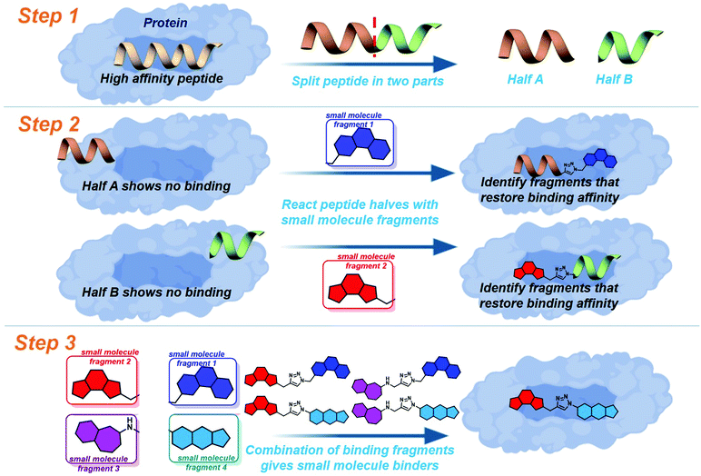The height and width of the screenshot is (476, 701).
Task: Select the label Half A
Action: tap(527, 81)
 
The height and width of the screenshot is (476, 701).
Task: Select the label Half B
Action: tap(614, 81)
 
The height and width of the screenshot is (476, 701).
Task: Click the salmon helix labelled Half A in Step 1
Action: tap(525, 45)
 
